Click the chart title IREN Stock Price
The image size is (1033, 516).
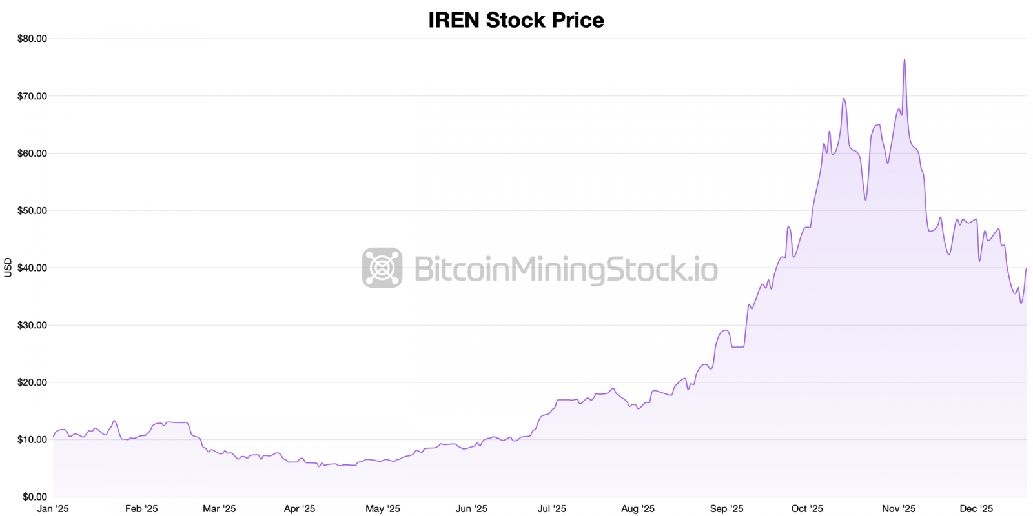[x=516, y=20]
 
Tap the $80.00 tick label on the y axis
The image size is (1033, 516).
[x=32, y=39]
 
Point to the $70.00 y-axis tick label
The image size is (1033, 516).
[x=32, y=96]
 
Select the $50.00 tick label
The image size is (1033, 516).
[x=32, y=210]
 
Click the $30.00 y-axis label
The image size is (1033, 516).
[x=32, y=325]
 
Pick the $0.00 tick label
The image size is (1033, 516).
[x=35, y=497]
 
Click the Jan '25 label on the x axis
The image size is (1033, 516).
[x=53, y=509]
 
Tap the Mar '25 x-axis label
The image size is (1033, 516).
[x=220, y=509]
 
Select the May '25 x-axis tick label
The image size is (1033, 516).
[x=383, y=509]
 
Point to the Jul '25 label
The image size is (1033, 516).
[x=552, y=509]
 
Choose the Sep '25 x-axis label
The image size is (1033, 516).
[x=726, y=509]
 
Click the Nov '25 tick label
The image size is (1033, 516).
[x=899, y=509]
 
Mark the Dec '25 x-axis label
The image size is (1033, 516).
[x=976, y=509]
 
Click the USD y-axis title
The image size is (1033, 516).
[x=8, y=268]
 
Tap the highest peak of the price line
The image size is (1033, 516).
[x=904, y=59]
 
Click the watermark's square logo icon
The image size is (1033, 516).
[x=382, y=268]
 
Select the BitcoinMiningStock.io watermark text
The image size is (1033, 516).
[x=566, y=269]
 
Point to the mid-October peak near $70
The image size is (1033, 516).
[x=843, y=99]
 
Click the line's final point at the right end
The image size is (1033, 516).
[x=1026, y=268]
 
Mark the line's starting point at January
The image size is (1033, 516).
[x=54, y=437]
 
